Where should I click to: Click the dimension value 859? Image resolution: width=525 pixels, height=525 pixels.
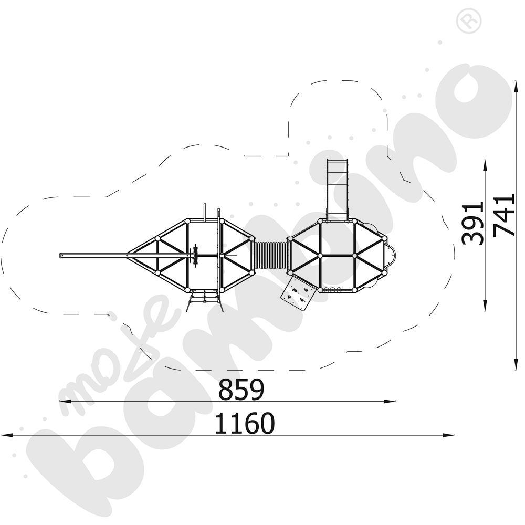point(241,390)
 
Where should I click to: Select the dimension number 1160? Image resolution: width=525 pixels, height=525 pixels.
point(244,424)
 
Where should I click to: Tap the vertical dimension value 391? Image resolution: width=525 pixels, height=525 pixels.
point(472,223)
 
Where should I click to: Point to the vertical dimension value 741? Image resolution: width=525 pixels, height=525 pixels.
point(503,215)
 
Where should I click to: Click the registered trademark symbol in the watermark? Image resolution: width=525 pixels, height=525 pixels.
point(469,21)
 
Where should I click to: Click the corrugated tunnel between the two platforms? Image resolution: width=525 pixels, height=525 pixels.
point(272,256)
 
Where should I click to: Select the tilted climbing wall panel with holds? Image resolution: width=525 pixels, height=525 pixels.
point(298,294)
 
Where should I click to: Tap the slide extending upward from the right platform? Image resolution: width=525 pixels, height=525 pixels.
point(338,190)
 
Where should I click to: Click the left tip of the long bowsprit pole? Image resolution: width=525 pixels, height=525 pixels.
point(60,256)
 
